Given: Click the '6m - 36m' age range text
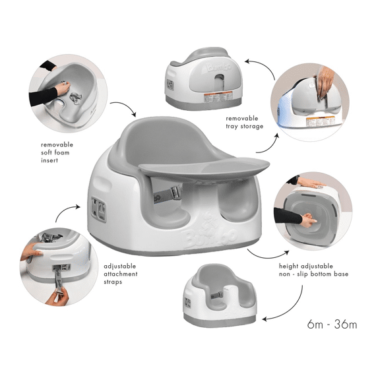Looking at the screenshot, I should point(332,324).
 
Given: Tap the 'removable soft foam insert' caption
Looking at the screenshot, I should point(57,151).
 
